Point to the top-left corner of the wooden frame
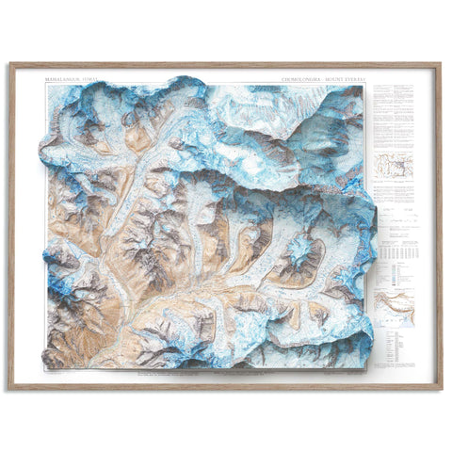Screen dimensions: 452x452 (x=10, y=64)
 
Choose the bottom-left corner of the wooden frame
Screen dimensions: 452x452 (x=10, y=388)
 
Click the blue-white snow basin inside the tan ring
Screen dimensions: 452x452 (x=301, y=252)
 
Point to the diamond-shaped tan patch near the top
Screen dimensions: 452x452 (x=138, y=138)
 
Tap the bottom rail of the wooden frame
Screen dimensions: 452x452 (x=226, y=387)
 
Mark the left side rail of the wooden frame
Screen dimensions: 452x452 (x=10, y=226)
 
